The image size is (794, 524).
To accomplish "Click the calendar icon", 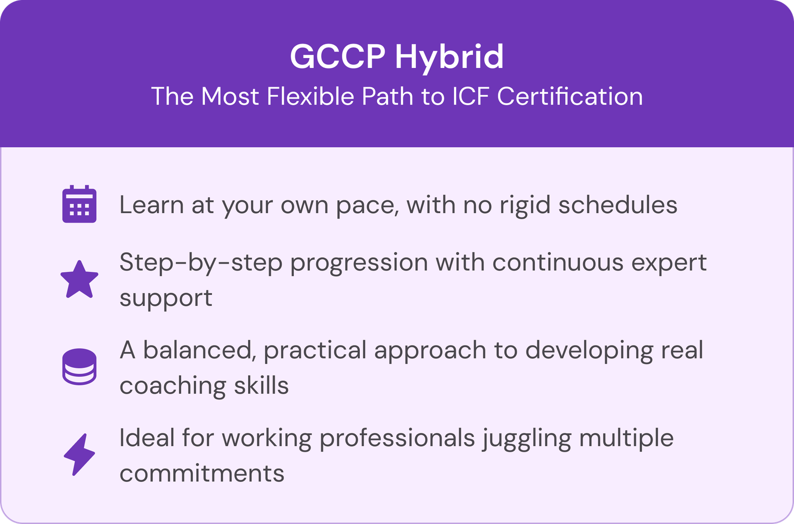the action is tap(79, 204).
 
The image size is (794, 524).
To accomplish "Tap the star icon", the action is tap(79, 280).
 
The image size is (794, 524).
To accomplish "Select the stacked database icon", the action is tap(79, 367).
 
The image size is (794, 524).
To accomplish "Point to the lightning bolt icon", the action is tap(79, 455).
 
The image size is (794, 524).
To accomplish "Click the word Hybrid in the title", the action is tap(449, 58).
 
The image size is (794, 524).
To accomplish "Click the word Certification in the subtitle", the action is tap(570, 96).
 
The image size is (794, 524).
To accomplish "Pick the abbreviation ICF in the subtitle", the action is tap(471, 96).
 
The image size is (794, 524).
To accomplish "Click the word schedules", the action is tap(618, 205).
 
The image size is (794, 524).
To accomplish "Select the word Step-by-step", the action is tap(201, 263).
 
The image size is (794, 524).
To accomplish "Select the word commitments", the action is tap(202, 473).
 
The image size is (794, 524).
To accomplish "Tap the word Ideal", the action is tap(147, 438).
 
